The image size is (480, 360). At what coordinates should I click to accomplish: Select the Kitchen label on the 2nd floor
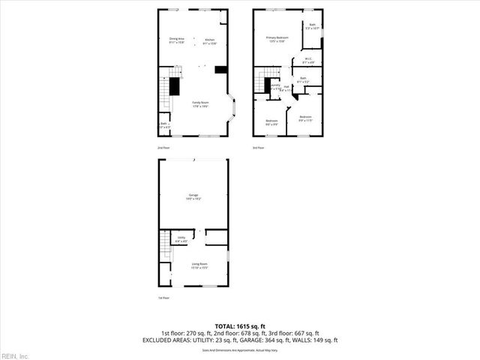[x=210, y=40]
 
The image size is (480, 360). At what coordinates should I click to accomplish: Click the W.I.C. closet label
[x=308, y=59]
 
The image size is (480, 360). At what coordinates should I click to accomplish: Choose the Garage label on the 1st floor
[x=193, y=196]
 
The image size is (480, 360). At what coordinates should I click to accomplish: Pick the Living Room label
[x=199, y=264]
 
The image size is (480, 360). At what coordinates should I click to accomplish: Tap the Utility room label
[x=181, y=238]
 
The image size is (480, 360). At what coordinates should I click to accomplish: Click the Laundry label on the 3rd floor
[x=275, y=86]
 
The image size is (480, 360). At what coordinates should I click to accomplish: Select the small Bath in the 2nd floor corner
[x=164, y=124]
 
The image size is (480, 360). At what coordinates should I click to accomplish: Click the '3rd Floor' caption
[x=258, y=148]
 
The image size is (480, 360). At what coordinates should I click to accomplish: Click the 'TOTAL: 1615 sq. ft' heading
[x=240, y=325]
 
